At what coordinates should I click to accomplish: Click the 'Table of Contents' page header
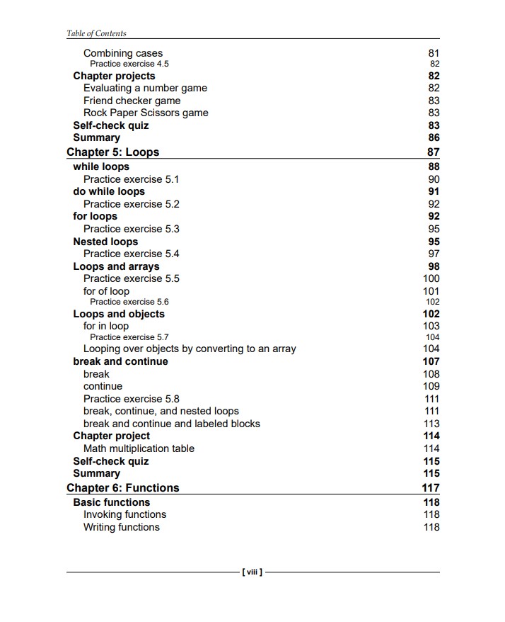[x=96, y=33]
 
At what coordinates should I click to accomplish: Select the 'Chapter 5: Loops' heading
[x=112, y=152]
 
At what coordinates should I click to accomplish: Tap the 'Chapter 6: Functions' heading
[x=122, y=488]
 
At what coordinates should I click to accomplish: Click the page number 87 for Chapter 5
[x=433, y=152]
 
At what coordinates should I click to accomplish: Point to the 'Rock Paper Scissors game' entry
[x=146, y=113]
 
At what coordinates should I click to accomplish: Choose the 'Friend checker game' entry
[x=132, y=101]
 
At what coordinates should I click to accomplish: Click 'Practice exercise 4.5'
[x=129, y=64]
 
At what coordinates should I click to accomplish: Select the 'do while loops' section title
[x=109, y=191]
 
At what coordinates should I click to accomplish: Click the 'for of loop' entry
[x=106, y=291]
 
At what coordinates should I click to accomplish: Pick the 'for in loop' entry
[x=106, y=326]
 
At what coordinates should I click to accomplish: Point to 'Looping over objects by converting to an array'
[x=190, y=349]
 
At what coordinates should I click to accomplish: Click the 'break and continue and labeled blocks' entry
[x=171, y=424]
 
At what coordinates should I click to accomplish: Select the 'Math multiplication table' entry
[x=139, y=448]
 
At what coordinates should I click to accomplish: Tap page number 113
[x=431, y=424]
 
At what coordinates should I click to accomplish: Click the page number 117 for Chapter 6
[x=431, y=488]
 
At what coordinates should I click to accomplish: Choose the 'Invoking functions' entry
[x=124, y=514]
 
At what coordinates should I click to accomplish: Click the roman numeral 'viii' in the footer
[x=252, y=572]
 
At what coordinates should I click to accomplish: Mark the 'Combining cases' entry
[x=122, y=53]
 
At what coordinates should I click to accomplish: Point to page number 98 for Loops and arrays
[x=434, y=266]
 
